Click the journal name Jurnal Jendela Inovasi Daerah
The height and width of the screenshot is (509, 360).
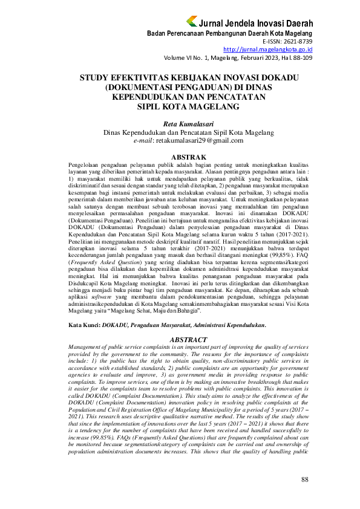[x=256, y=23]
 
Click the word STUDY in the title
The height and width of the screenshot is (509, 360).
[x=97, y=78]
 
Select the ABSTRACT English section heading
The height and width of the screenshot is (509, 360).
[x=180, y=340]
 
